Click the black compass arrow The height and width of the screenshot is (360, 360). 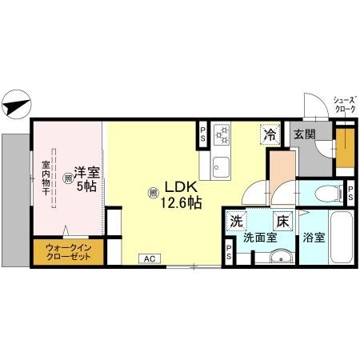16,104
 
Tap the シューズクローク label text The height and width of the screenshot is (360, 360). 339,101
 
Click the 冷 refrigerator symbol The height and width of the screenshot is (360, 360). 270,134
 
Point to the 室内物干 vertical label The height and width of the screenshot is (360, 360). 45,181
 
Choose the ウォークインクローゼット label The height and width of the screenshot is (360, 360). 68,253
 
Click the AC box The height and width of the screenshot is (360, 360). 150,258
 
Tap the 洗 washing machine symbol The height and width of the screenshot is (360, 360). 236,220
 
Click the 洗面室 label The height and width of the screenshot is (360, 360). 261,238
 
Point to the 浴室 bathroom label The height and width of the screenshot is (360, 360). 314,238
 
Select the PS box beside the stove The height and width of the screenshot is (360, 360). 203,134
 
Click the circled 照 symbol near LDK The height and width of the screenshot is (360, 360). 153,192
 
